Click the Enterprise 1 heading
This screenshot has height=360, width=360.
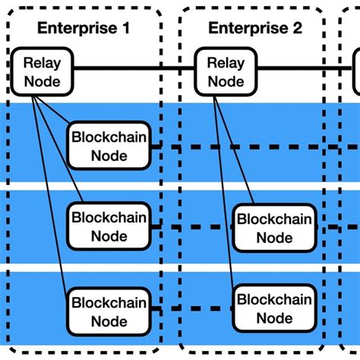pos(84,29)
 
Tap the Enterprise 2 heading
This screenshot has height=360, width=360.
pos(255,29)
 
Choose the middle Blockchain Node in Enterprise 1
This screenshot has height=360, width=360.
pos(109,226)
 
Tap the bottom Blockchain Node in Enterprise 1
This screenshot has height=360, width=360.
pos(109,311)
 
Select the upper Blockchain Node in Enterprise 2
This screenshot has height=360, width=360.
pos(273,228)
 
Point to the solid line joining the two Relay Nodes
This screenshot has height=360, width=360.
pos(133,69)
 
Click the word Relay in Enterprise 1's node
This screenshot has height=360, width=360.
pos(42,63)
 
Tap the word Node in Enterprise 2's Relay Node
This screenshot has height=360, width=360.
pos(226,81)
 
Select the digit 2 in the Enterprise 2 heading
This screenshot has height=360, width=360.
pos(297,29)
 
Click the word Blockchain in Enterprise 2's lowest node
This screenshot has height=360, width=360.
pos(273,299)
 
